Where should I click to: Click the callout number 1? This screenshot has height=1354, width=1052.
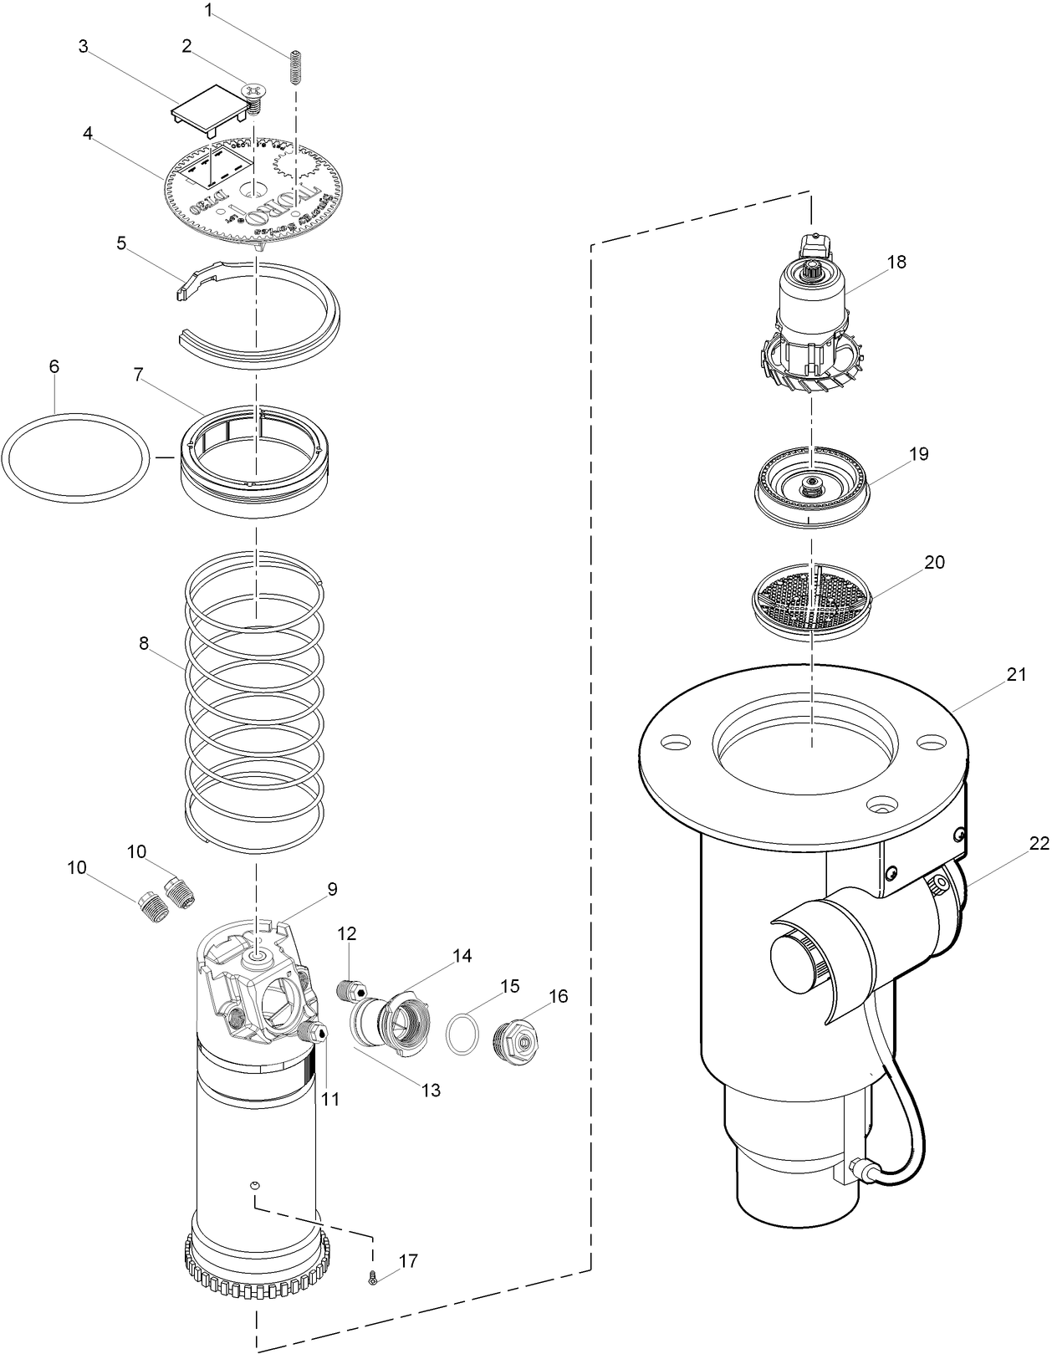pyautogui.click(x=208, y=10)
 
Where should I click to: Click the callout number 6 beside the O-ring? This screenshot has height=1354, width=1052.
pyautogui.click(x=54, y=366)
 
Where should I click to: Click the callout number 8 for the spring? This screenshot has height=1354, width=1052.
pyautogui.click(x=144, y=643)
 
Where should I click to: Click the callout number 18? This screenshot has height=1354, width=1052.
pyautogui.click(x=896, y=262)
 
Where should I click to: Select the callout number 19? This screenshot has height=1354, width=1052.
pyautogui.click(x=918, y=454)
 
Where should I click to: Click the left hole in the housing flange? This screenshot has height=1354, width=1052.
pyautogui.click(x=676, y=742)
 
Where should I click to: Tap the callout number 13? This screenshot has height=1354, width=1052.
pyautogui.click(x=431, y=1091)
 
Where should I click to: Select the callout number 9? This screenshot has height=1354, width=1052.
pyautogui.click(x=332, y=889)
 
